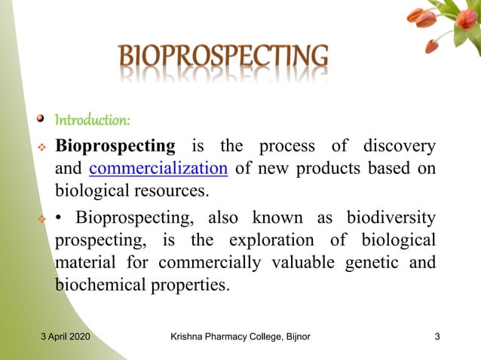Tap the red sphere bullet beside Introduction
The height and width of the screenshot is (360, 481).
pyautogui.click(x=43, y=120)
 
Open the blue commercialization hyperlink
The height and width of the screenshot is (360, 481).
pyautogui.click(x=158, y=167)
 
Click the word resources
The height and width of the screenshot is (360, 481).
pyautogui.click(x=170, y=190)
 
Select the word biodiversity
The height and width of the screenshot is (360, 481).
pyautogui.click(x=391, y=218)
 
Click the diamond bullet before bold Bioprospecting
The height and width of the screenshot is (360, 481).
pyautogui.click(x=42, y=146)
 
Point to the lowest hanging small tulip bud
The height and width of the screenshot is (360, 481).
pyautogui.click(x=432, y=46)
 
